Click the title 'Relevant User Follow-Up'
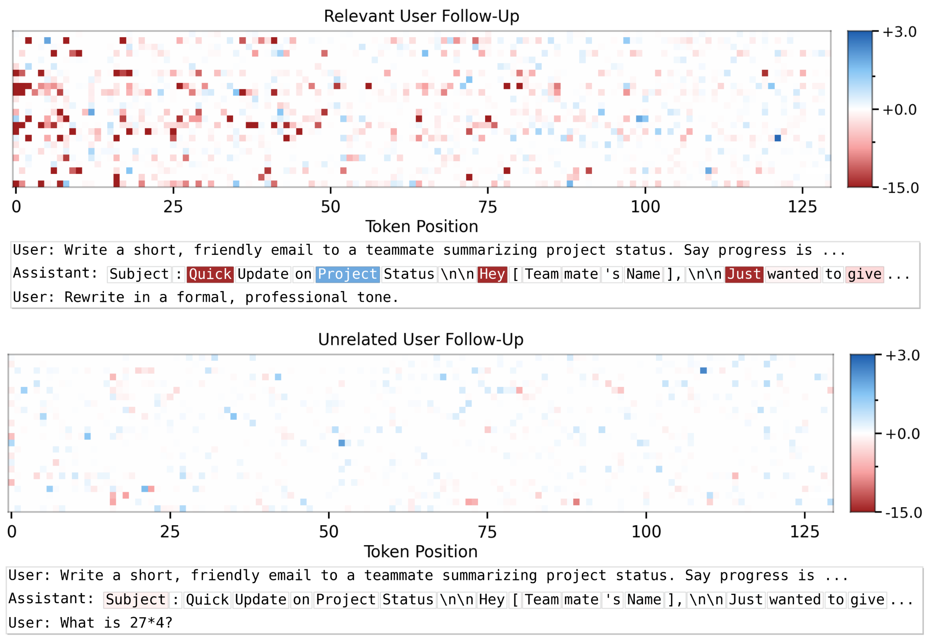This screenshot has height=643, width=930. click(421, 16)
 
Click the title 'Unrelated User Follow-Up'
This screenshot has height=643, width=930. click(421, 340)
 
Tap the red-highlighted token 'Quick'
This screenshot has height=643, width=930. click(210, 274)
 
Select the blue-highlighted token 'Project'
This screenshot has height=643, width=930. click(347, 274)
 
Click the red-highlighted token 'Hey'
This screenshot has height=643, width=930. click(492, 274)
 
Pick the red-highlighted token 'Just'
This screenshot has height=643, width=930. click(744, 274)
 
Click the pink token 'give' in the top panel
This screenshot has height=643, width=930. click(864, 274)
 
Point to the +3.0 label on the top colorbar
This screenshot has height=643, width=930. click(899, 32)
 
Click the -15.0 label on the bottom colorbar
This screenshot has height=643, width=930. click(903, 513)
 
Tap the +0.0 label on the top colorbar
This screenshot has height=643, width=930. click(899, 110)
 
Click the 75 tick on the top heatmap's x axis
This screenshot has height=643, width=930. click(488, 207)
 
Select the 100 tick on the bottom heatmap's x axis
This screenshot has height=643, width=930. click(646, 532)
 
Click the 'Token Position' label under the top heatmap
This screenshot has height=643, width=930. click(421, 227)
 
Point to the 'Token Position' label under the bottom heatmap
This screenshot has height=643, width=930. click(421, 552)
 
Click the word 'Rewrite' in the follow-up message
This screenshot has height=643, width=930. click(94, 297)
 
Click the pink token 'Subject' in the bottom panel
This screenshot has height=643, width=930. click(136, 600)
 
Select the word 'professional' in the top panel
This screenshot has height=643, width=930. click(296, 297)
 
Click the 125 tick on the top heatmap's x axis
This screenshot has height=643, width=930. click(802, 207)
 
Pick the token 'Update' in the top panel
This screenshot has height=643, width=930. click(263, 274)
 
